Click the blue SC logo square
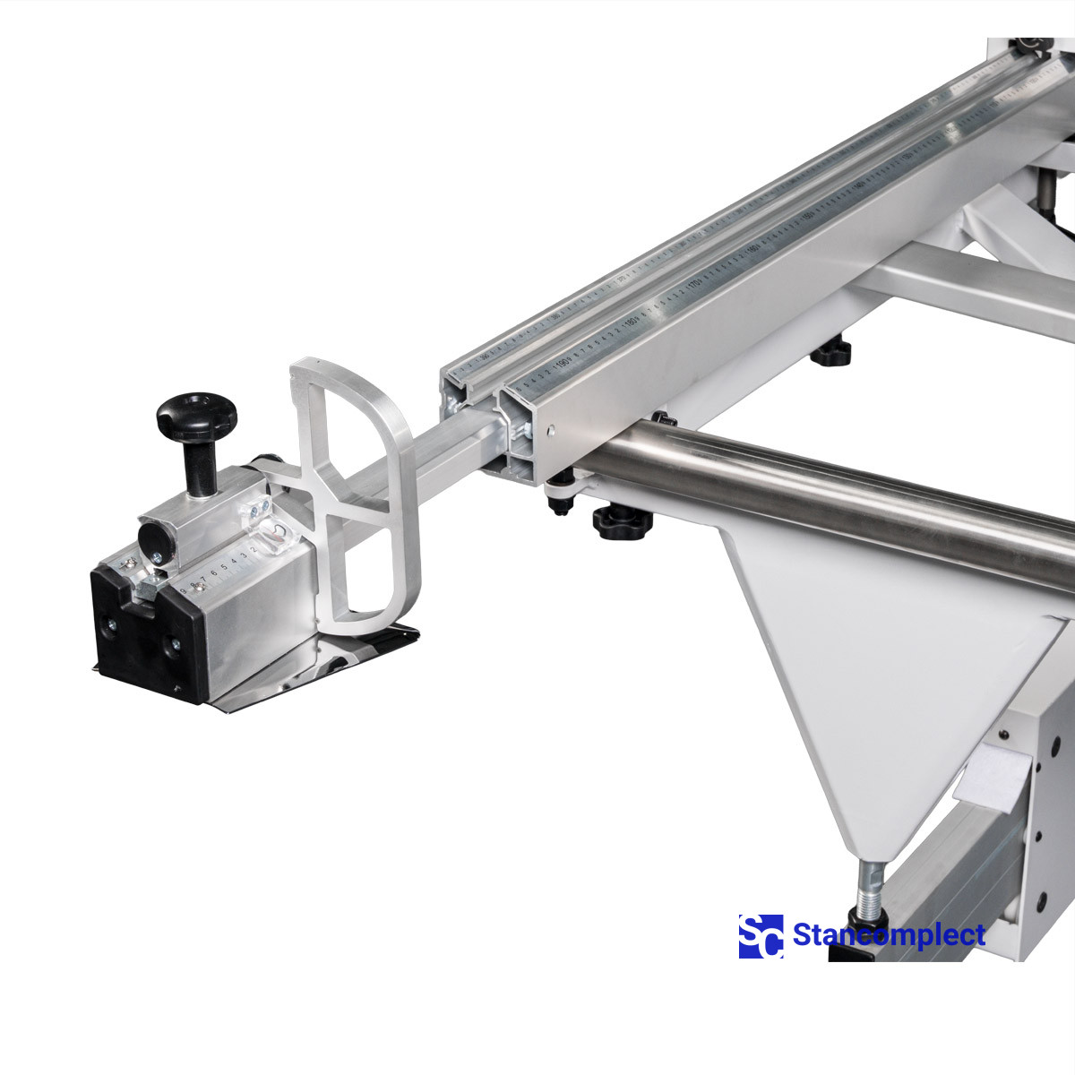click(760, 936)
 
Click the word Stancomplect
click(889, 936)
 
